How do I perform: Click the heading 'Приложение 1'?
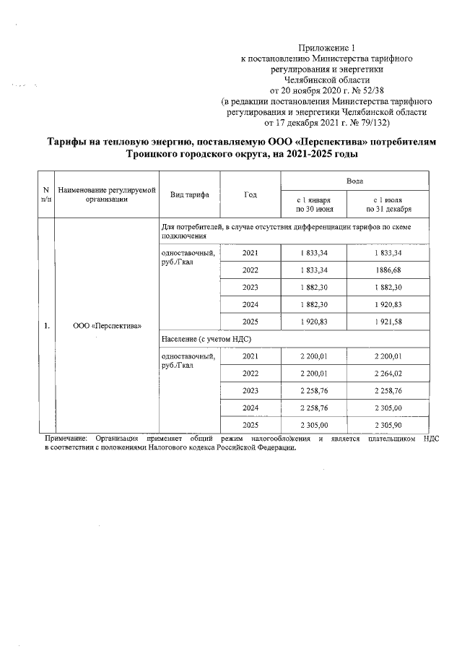click(x=327, y=47)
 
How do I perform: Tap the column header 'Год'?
click(x=250, y=195)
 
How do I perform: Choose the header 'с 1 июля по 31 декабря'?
click(x=388, y=204)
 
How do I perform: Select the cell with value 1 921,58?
click(x=388, y=321)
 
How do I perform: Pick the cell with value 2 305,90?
click(x=388, y=425)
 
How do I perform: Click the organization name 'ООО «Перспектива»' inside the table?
click(x=108, y=325)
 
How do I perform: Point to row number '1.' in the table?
click(x=46, y=325)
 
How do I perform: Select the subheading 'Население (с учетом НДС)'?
click(x=206, y=338)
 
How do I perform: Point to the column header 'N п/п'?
click(x=46, y=194)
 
